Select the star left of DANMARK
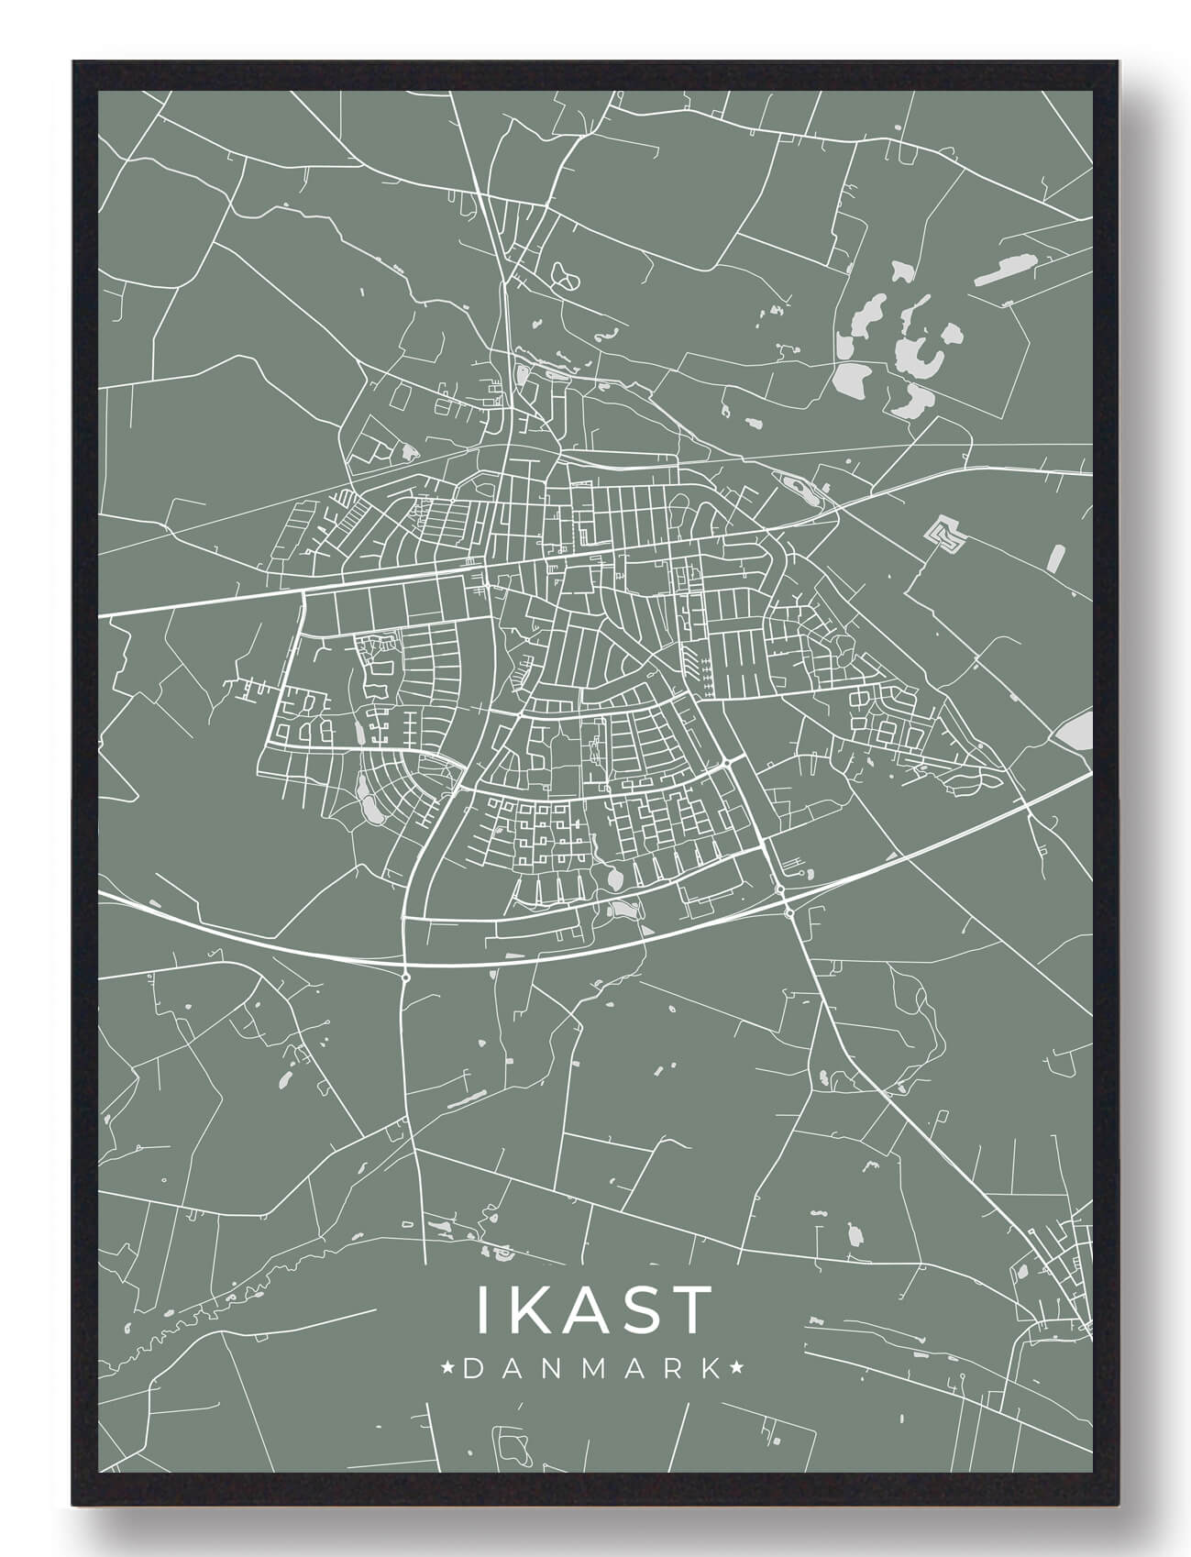449,1369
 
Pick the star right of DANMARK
737,1369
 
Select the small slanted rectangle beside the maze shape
1056,557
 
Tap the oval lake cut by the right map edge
1073,732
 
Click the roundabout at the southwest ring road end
405,977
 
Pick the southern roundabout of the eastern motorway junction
788,911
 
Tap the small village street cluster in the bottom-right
1054,1270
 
